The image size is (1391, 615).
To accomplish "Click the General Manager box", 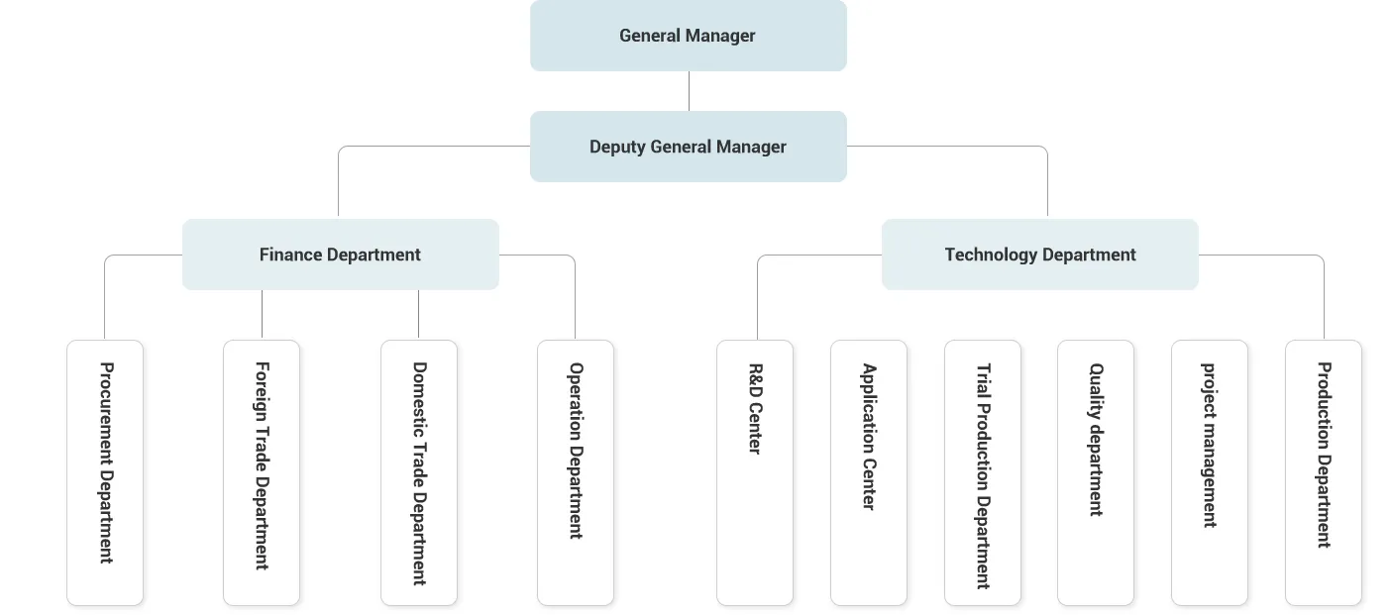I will (x=688, y=36).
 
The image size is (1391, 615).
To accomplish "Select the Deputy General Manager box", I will (x=688, y=147).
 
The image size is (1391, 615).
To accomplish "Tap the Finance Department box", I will (x=340, y=255).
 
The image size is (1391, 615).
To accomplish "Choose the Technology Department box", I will (x=1039, y=255).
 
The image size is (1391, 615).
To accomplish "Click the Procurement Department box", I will (x=105, y=472).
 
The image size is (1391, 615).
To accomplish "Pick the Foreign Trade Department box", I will (x=262, y=472).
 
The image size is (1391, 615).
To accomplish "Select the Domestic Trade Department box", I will (x=419, y=472).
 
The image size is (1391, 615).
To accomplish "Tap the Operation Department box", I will (x=576, y=472).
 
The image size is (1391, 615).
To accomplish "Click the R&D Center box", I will (x=755, y=472).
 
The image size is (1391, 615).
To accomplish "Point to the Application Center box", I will (x=869, y=472).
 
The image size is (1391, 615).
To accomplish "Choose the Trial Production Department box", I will (x=983, y=472).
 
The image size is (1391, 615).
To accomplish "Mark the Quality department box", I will (x=1096, y=472).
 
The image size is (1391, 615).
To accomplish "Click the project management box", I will (x=1210, y=472).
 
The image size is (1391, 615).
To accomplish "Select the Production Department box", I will (x=1324, y=472).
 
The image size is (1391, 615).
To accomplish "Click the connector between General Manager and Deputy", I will (x=689, y=91).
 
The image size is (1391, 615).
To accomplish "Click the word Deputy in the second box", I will (x=617, y=148).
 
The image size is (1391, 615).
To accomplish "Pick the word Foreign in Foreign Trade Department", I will (x=262, y=387).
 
